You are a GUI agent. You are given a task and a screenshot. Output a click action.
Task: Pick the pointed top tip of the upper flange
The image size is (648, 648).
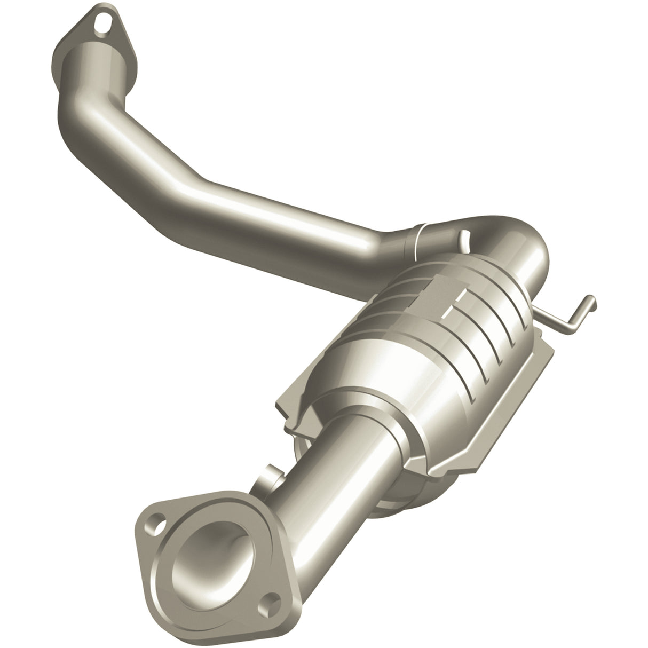click(x=96, y=6)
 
